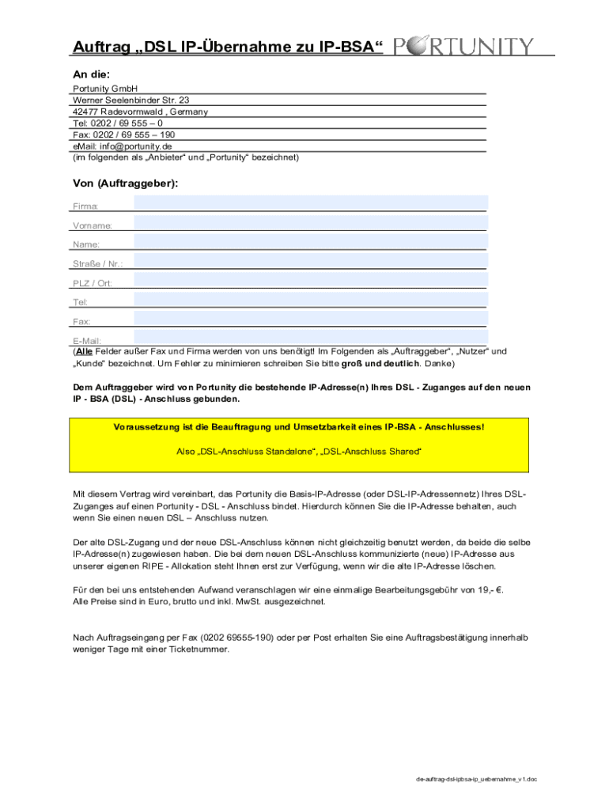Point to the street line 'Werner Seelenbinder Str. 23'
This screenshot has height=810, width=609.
(130, 100)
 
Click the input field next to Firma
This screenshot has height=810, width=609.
(311, 203)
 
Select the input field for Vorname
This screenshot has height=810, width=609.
(311, 222)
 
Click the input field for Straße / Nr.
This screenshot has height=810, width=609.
(311, 260)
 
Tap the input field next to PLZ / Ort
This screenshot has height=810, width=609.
(311, 280)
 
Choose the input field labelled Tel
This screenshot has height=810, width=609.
(311, 299)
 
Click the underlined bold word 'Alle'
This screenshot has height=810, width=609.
(85, 351)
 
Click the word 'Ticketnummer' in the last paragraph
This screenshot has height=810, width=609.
(201, 649)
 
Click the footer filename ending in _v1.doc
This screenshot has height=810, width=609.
(477, 779)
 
